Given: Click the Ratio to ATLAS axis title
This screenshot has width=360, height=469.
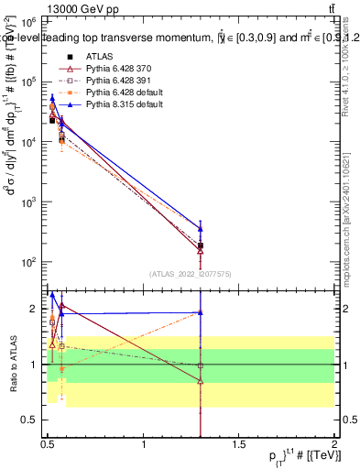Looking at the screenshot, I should [x=12, y=365].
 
